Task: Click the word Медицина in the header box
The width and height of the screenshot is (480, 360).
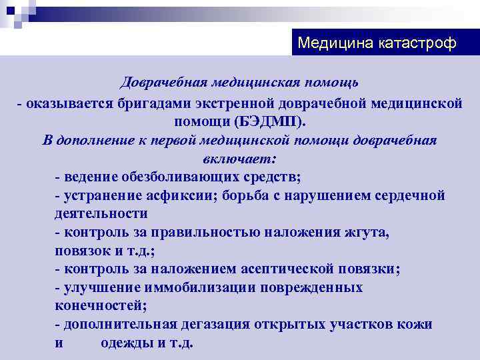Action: pos(335,43)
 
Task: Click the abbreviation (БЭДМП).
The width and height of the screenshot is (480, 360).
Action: pos(270,121)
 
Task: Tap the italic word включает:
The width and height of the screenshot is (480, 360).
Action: pos(239,159)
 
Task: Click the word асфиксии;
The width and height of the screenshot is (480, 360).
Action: pos(178,195)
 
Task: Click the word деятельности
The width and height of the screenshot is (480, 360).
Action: pos(101,213)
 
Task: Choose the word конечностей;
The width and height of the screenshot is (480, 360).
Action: pos(101,305)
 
